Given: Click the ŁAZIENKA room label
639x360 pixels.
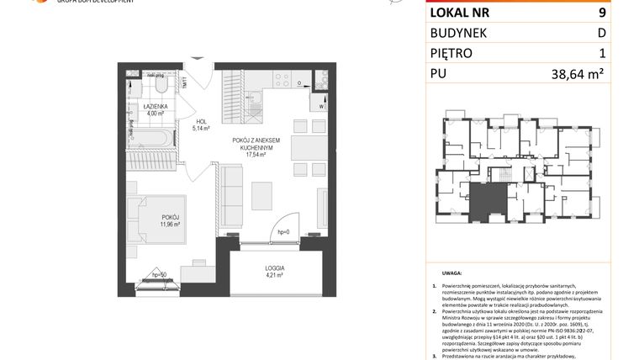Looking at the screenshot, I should (154, 107).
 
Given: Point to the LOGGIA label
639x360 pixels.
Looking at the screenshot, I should (274, 266).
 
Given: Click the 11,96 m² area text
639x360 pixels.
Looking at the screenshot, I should (172, 225).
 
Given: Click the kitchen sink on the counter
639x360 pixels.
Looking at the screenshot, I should (256, 86).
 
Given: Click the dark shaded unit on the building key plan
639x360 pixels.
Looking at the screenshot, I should (488, 202).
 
